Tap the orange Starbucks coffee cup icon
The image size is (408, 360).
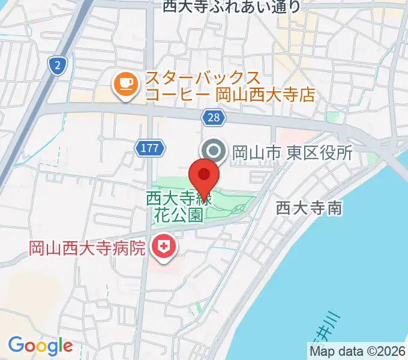point(125,83)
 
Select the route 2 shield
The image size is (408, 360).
point(57,66)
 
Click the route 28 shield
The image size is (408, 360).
point(214,118)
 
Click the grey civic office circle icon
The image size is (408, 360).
point(214,151)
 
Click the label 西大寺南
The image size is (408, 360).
point(309,208)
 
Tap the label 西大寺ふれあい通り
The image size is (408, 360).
point(232,7)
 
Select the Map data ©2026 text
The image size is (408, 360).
point(358,351)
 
